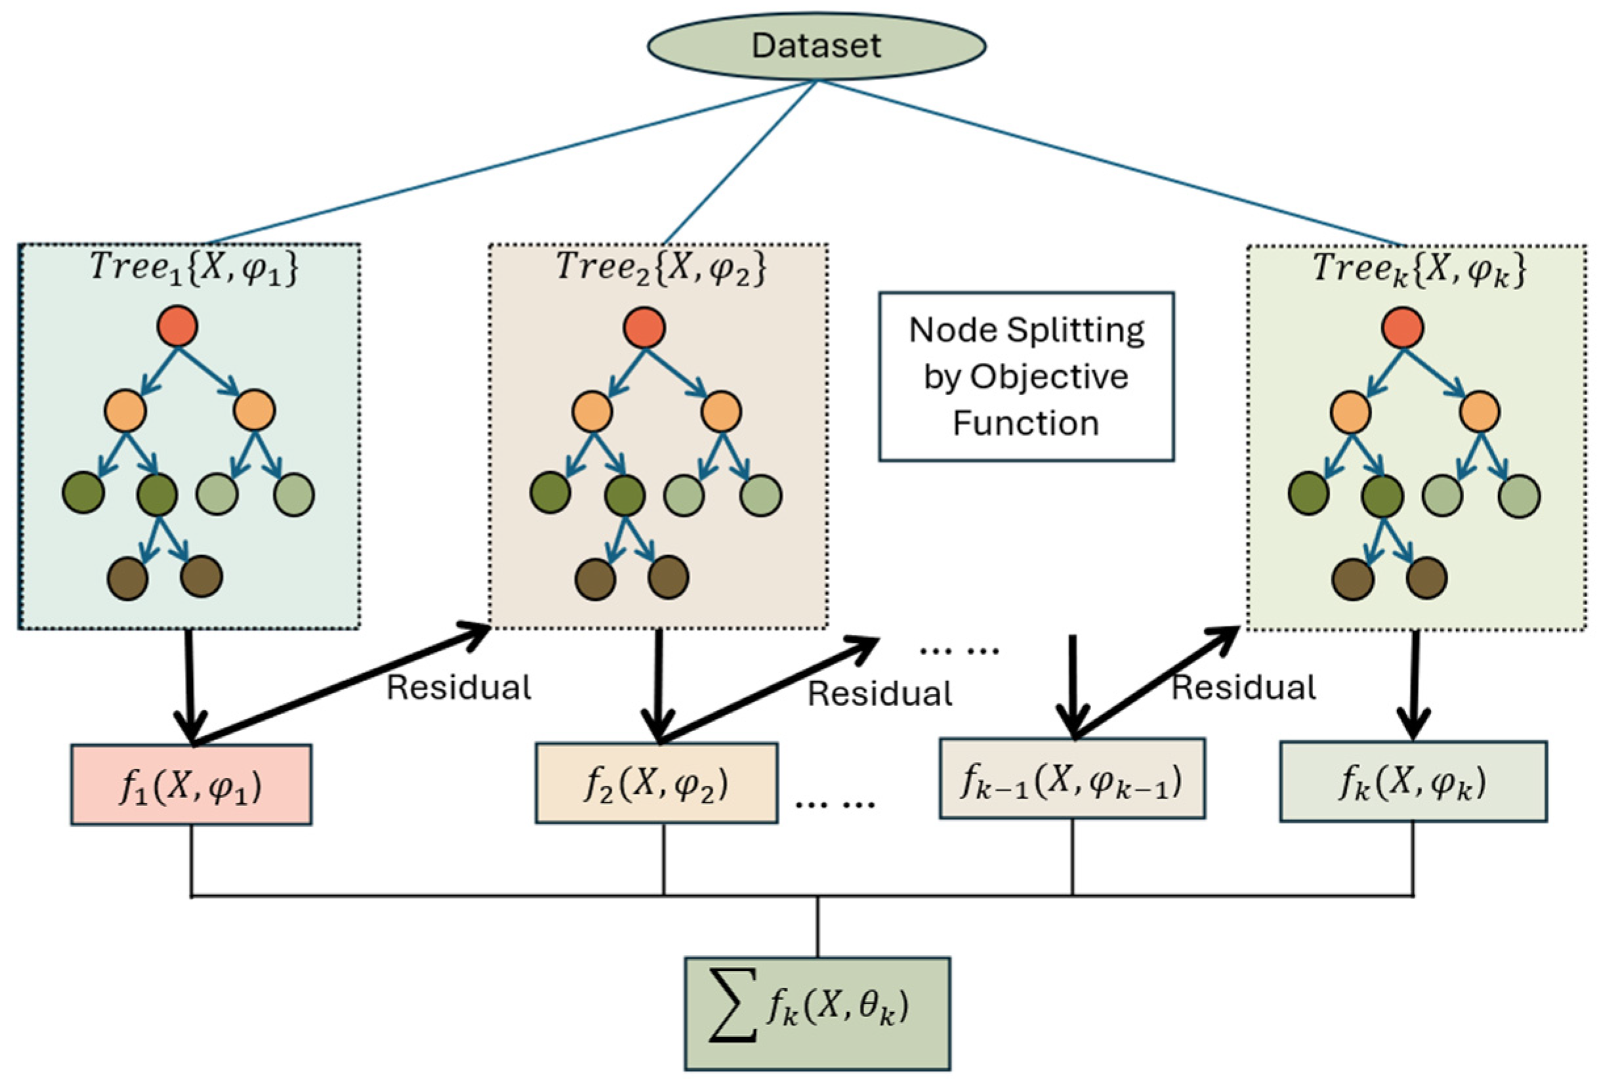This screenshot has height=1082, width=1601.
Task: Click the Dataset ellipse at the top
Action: pyautogui.click(x=816, y=45)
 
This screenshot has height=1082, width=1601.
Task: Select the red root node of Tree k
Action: pyautogui.click(x=1403, y=327)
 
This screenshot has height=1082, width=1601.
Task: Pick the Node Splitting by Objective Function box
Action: pyautogui.click(x=1026, y=376)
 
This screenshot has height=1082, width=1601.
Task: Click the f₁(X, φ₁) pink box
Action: pyautogui.click(x=191, y=785)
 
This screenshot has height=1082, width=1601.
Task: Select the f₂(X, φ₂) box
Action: pyautogui.click(x=657, y=783)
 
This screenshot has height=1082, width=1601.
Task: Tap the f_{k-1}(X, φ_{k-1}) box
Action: pyautogui.click(x=1072, y=779)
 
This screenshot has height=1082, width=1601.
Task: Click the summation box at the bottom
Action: pyautogui.click(x=817, y=1012)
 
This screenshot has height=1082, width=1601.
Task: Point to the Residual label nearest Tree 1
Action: pyautogui.click(x=459, y=688)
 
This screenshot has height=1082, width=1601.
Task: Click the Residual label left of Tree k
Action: pyautogui.click(x=1244, y=688)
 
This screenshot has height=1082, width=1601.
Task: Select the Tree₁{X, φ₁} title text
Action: pyautogui.click(x=194, y=267)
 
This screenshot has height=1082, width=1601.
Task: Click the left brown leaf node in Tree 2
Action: pyautogui.click(x=595, y=579)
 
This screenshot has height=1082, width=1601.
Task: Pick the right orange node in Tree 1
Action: pyautogui.click(x=254, y=411)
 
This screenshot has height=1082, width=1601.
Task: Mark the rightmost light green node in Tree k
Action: pyautogui.click(x=1519, y=497)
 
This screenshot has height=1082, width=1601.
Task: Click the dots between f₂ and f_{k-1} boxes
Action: pyautogui.click(x=835, y=803)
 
